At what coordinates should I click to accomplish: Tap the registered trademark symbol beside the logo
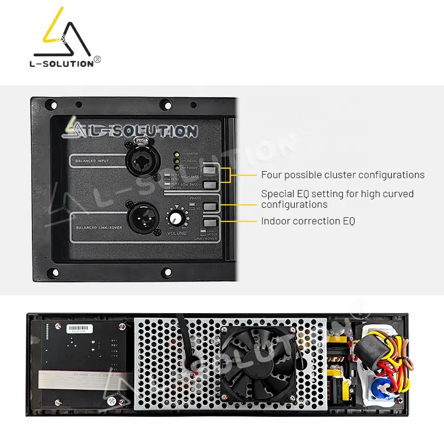98,59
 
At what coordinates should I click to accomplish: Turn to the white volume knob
176,218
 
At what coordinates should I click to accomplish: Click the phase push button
210,207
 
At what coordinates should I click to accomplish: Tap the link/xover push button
210,223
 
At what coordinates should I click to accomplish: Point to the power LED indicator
176,167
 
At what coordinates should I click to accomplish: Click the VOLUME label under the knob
176,233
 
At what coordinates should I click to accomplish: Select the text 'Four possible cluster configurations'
343,175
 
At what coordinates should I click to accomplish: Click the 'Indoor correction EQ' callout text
308,221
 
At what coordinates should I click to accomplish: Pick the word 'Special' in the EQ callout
277,194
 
